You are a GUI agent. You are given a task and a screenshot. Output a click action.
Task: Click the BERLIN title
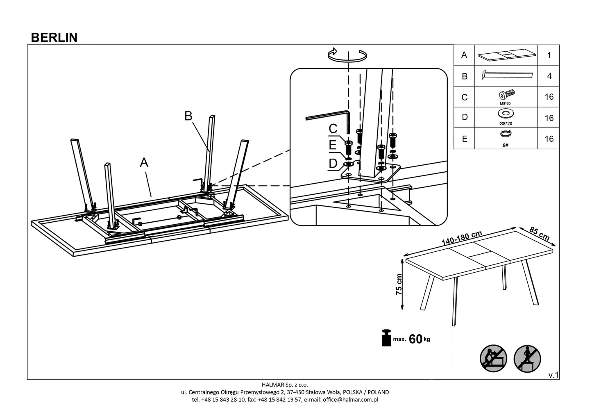(x=54, y=37)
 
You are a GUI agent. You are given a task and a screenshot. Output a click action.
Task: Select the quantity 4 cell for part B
(x=549, y=76)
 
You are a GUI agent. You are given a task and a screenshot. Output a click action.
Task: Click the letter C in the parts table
(x=464, y=98)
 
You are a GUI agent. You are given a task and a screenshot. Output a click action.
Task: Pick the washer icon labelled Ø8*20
(x=506, y=113)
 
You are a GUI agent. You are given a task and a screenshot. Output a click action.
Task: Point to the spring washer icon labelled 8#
(x=506, y=134)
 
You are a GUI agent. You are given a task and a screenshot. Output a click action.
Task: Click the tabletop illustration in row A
(x=506, y=55)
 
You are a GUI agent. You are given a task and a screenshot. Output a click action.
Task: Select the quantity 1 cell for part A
(x=549, y=55)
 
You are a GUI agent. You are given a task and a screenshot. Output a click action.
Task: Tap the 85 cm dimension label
(x=539, y=234)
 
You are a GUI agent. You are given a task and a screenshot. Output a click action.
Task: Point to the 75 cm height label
(x=399, y=285)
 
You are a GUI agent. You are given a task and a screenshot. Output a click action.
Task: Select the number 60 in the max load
(x=415, y=339)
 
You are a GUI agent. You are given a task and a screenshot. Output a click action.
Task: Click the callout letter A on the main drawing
(x=144, y=163)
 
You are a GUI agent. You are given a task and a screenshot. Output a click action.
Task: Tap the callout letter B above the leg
(x=188, y=116)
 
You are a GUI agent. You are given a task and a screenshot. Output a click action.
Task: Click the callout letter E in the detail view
(x=332, y=145)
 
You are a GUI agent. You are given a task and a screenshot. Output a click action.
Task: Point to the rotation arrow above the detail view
(x=348, y=55)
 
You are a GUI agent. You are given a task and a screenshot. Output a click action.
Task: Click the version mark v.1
(x=553, y=375)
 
